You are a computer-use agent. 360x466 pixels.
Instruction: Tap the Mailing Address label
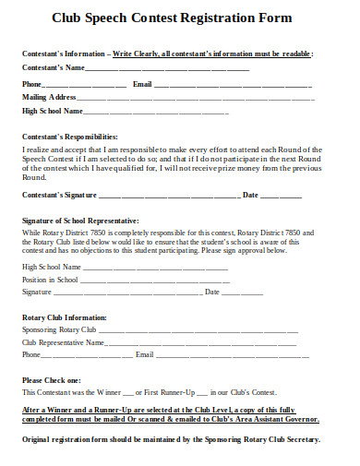coord(49,97)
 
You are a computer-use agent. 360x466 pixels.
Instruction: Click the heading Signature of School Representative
coord(80,221)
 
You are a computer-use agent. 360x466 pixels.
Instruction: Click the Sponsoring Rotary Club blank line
coord(203,329)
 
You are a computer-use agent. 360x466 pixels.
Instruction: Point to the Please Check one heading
coord(52,380)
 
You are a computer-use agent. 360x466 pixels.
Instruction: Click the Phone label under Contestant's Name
coord(32,84)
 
